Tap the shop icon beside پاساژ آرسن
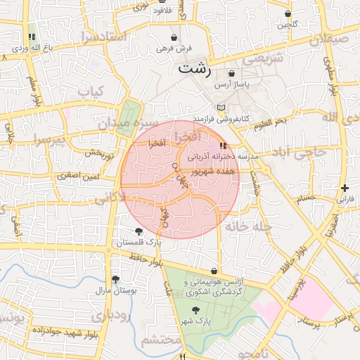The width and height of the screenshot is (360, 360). [x=232, y=73]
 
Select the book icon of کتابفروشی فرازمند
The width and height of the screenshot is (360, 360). [x=222, y=108]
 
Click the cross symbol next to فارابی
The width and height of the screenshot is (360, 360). [x=345, y=188]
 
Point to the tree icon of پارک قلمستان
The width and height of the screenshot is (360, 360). [x=139, y=231]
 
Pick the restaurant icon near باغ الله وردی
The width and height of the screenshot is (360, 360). [x=31, y=37]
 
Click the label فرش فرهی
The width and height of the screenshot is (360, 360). [x=173, y=49]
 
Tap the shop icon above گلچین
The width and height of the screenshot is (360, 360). [x=288, y=13]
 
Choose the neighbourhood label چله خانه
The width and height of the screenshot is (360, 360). [x=252, y=226]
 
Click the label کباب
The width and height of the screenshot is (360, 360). [x=91, y=91]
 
